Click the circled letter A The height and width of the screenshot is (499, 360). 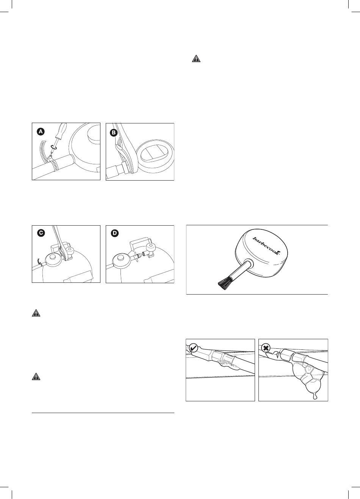point(40,132)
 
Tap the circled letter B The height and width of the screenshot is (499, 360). point(114,133)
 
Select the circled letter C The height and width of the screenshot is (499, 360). point(41,233)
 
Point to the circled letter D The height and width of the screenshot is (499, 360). point(115,233)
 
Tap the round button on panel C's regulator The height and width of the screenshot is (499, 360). point(53,258)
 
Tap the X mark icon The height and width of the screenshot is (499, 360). point(266,348)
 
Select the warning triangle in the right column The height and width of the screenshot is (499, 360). point(196,59)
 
